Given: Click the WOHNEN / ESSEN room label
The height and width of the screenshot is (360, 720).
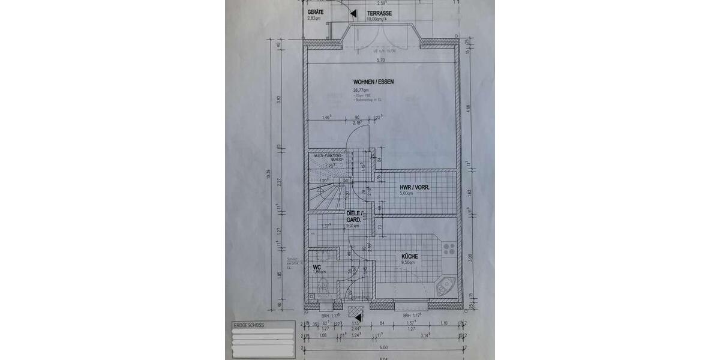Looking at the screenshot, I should point(373,82).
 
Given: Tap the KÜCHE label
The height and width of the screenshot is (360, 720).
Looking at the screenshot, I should point(410,256).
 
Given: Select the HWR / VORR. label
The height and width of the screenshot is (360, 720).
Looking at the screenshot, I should point(413,187).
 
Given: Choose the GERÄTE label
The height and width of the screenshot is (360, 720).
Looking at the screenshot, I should point(316,12).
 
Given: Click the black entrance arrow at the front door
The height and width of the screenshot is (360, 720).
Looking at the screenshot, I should point(358,316).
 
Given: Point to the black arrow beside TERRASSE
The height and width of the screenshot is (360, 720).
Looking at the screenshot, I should point(354,13).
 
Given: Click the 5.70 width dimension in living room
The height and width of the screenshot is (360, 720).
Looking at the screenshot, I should point(380,60).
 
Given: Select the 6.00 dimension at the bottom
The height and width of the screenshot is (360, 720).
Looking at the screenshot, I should point(383,347).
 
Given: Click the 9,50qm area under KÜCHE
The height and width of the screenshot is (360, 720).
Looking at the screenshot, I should point(409,262).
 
